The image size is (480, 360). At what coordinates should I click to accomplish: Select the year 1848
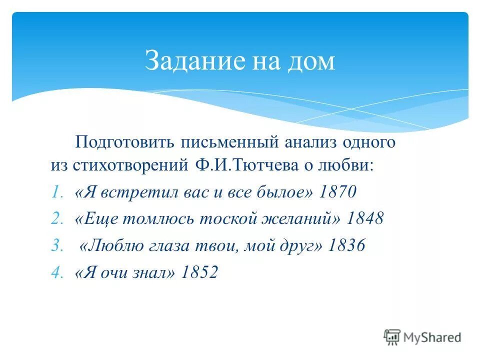point(364,218)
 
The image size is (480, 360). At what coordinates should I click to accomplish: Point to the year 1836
point(346,245)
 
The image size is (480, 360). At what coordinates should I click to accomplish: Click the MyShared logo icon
point(392,337)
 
